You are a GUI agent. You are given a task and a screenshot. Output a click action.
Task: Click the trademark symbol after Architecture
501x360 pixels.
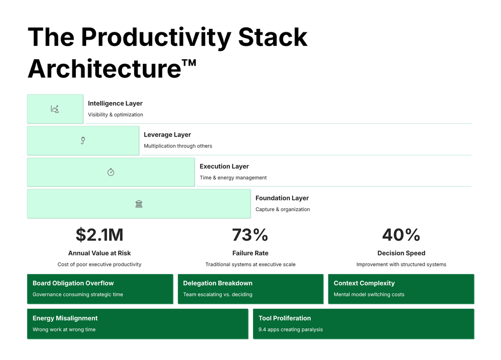tap(188, 64)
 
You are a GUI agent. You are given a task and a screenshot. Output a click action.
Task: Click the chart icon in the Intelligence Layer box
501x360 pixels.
tap(55, 109)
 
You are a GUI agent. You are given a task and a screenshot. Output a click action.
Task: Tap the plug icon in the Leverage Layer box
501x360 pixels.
tap(83, 141)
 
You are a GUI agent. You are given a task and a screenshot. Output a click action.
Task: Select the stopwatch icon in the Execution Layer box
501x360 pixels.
tap(111, 172)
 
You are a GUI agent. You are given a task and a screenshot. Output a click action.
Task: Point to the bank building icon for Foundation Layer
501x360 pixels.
tap(139, 203)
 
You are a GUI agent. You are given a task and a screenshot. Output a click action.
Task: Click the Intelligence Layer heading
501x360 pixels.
tap(115, 103)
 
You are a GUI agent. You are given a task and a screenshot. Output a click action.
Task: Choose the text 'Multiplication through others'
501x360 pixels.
tap(178, 146)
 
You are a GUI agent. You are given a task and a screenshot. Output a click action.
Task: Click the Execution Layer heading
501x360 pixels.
tap(224, 166)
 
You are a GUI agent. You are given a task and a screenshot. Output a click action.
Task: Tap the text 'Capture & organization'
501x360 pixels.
tap(282, 209)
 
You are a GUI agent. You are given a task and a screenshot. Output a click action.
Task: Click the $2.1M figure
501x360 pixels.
tap(99, 235)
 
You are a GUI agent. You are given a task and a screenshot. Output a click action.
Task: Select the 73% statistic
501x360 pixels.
tap(250, 235)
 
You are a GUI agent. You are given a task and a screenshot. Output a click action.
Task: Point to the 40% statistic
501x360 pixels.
tap(401, 235)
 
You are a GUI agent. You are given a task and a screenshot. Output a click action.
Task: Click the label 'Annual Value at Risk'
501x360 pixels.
tap(99, 253)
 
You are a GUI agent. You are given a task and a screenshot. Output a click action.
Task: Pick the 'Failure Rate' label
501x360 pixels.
tap(250, 253)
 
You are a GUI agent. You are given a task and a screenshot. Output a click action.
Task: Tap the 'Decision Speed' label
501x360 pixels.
tap(401, 253)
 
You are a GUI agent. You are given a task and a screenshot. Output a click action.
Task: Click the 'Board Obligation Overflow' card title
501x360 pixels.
tap(73, 283)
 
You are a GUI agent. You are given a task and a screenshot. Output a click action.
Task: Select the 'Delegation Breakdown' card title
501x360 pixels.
tap(218, 283)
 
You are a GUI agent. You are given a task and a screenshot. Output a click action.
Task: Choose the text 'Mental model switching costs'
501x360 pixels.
tap(369, 294)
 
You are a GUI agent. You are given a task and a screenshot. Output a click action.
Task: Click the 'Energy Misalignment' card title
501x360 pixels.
tap(65, 318)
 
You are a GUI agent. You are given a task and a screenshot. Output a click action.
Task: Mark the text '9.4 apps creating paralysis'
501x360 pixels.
tap(291, 330)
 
